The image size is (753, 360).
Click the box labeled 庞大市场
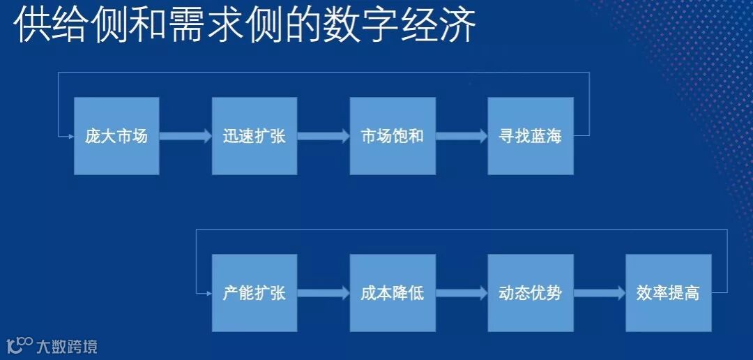click(116, 136)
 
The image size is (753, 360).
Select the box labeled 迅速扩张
click(254, 136)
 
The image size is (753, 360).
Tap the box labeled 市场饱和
click(393, 136)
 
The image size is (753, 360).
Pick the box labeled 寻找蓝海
click(531, 136)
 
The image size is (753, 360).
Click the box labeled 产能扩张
click(254, 293)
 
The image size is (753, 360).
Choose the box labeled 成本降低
click(393, 293)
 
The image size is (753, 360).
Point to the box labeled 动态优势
click(531, 293)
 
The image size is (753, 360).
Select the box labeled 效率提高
click(669, 293)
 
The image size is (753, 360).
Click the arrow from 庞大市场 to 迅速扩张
click(185, 136)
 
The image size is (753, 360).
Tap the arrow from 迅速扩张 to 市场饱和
click(324, 136)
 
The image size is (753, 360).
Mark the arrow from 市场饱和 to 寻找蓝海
click(462, 136)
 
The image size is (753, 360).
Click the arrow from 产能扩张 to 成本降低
click(324, 293)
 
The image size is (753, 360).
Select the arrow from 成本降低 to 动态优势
click(462, 293)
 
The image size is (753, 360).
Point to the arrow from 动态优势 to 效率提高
click(600, 293)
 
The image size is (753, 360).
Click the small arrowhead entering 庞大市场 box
click(70, 136)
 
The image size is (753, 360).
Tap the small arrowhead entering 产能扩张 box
click(208, 293)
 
